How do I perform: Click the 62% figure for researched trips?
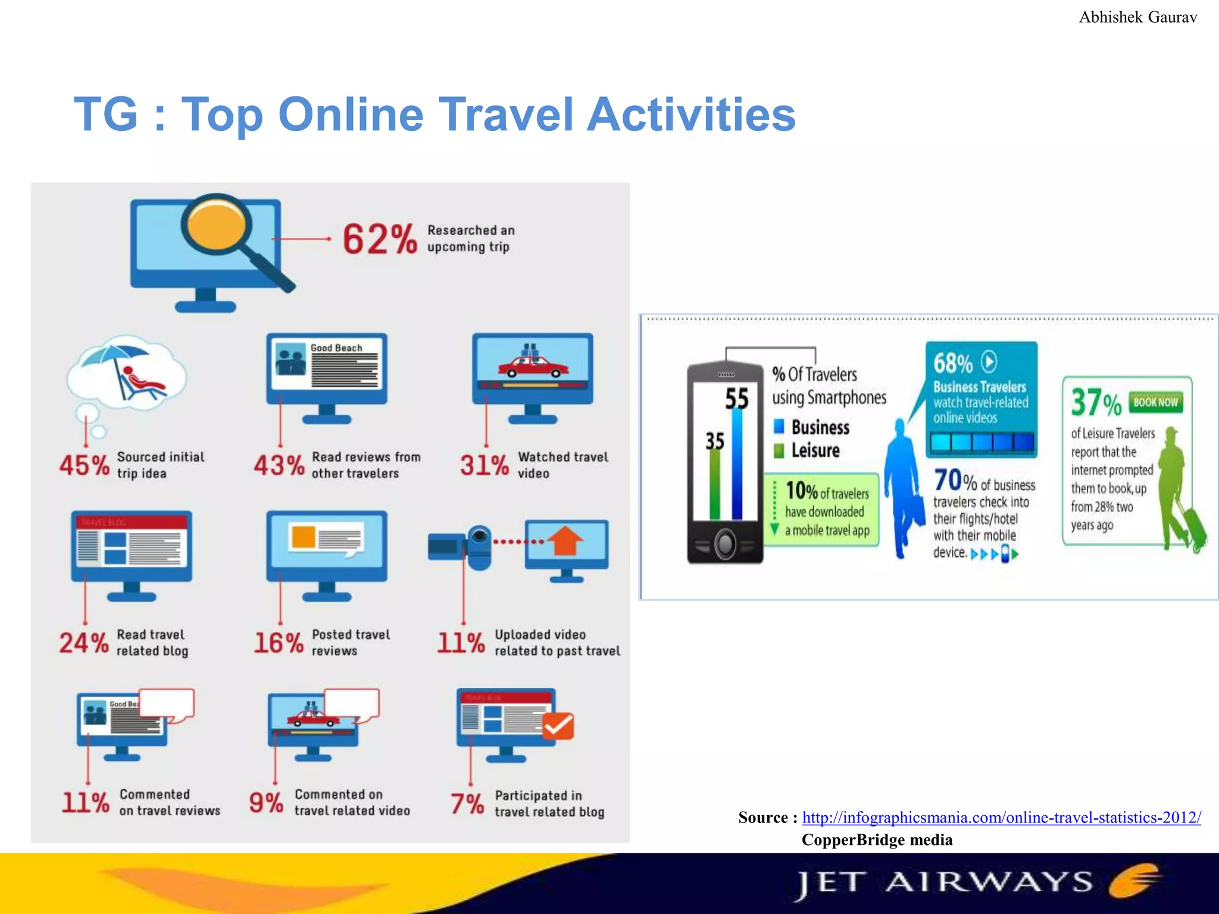click(379, 239)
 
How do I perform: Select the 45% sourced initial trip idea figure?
click(84, 465)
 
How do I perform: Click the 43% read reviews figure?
click(279, 465)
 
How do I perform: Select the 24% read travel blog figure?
click(83, 643)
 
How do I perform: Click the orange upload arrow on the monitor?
click(564, 540)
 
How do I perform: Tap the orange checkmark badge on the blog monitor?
click(558, 726)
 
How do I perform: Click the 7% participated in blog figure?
click(467, 804)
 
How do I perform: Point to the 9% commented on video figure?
click(265, 803)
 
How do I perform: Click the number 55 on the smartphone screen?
click(736, 399)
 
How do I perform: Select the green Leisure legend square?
click(779, 451)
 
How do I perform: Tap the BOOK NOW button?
click(1155, 402)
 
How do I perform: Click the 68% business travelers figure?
click(952, 363)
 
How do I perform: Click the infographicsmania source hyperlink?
click(1001, 818)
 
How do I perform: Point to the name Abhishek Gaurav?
click(1137, 17)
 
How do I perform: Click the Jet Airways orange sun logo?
click(1134, 881)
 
